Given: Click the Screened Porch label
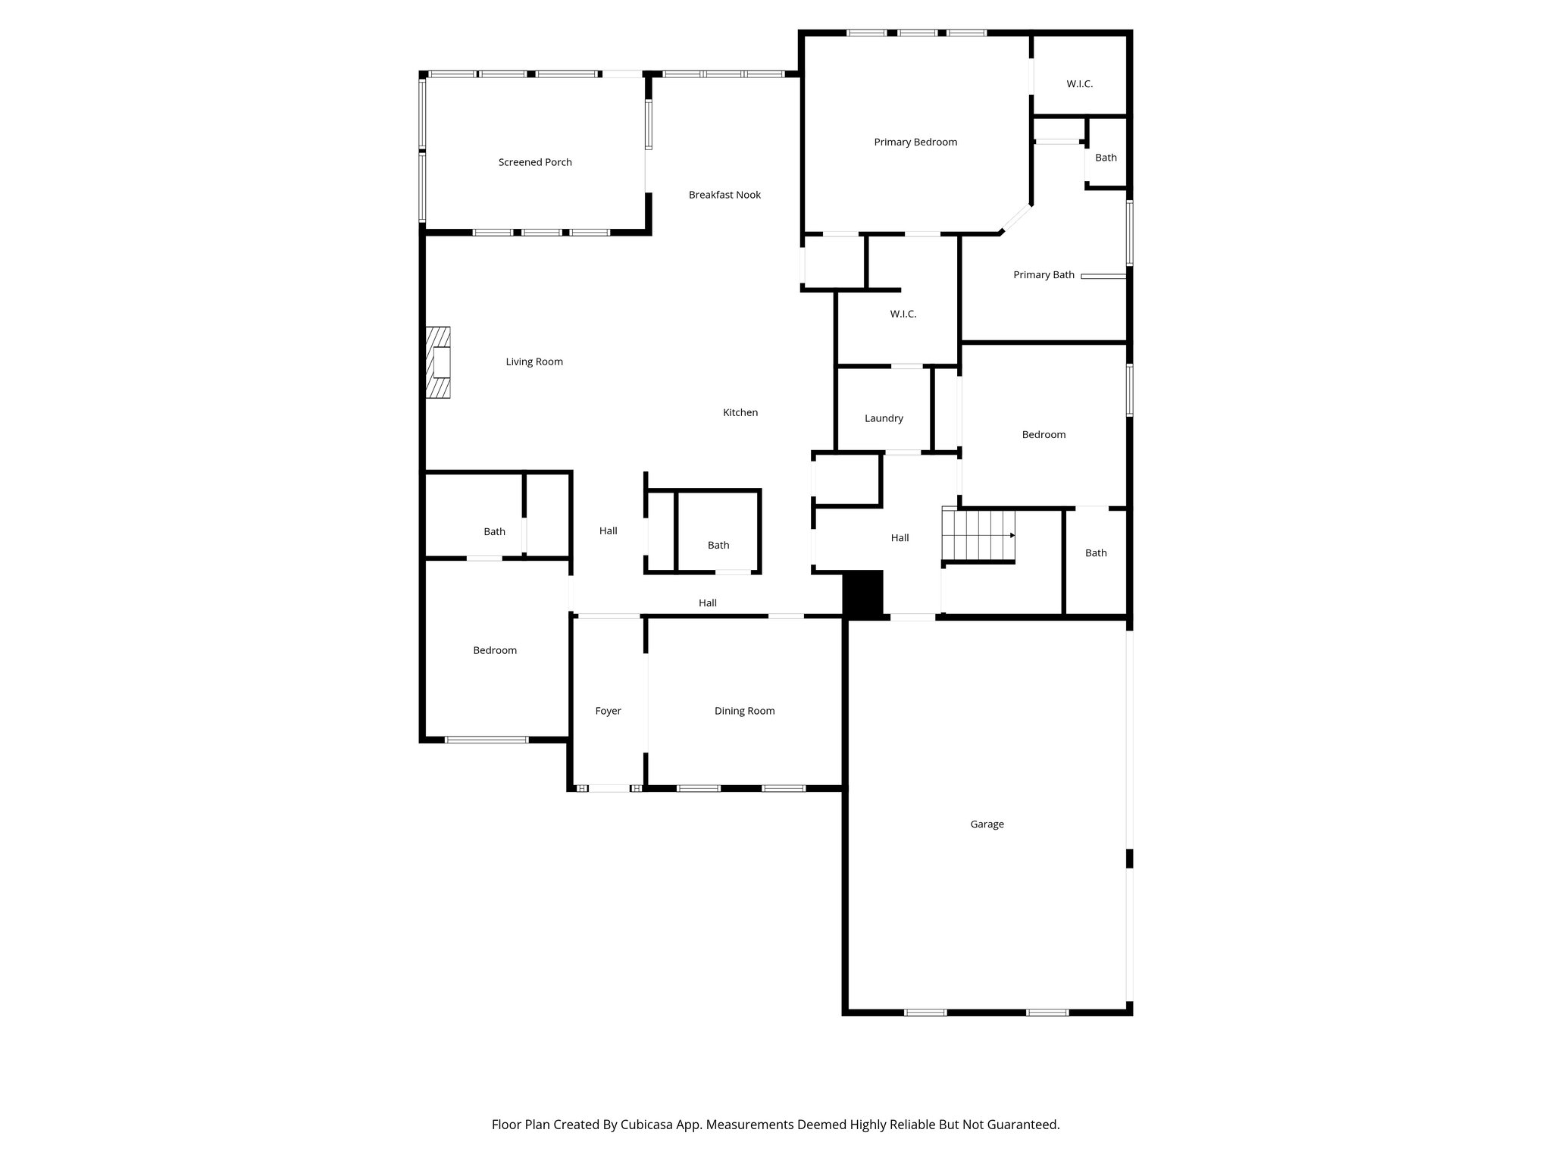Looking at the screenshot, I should tap(535, 162).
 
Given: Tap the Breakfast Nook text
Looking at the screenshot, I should tap(724, 195).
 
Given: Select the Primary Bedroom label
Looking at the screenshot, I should tap(915, 142).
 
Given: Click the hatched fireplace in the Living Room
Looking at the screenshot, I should tap(438, 362).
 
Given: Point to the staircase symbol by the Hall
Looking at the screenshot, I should tap(978, 535).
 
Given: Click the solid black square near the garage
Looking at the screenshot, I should tap(864, 594).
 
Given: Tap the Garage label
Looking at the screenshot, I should tap(987, 824).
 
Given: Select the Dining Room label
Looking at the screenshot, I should tap(744, 711).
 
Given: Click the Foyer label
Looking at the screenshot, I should tap(608, 711).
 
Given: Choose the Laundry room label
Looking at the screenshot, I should tap(884, 418).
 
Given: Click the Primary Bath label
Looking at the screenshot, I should tap(1044, 275).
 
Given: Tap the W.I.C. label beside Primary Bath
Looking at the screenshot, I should tap(903, 314).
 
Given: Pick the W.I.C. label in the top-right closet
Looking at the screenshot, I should tap(1079, 84).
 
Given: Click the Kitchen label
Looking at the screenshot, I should tap(740, 412).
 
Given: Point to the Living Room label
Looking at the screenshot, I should tap(534, 361).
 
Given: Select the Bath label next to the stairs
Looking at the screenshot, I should tap(1096, 553).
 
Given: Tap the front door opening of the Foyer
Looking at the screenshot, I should tap(609, 788).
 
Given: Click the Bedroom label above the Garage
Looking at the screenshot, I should tap(1044, 434).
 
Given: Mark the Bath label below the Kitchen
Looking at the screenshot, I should tap(718, 545).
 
